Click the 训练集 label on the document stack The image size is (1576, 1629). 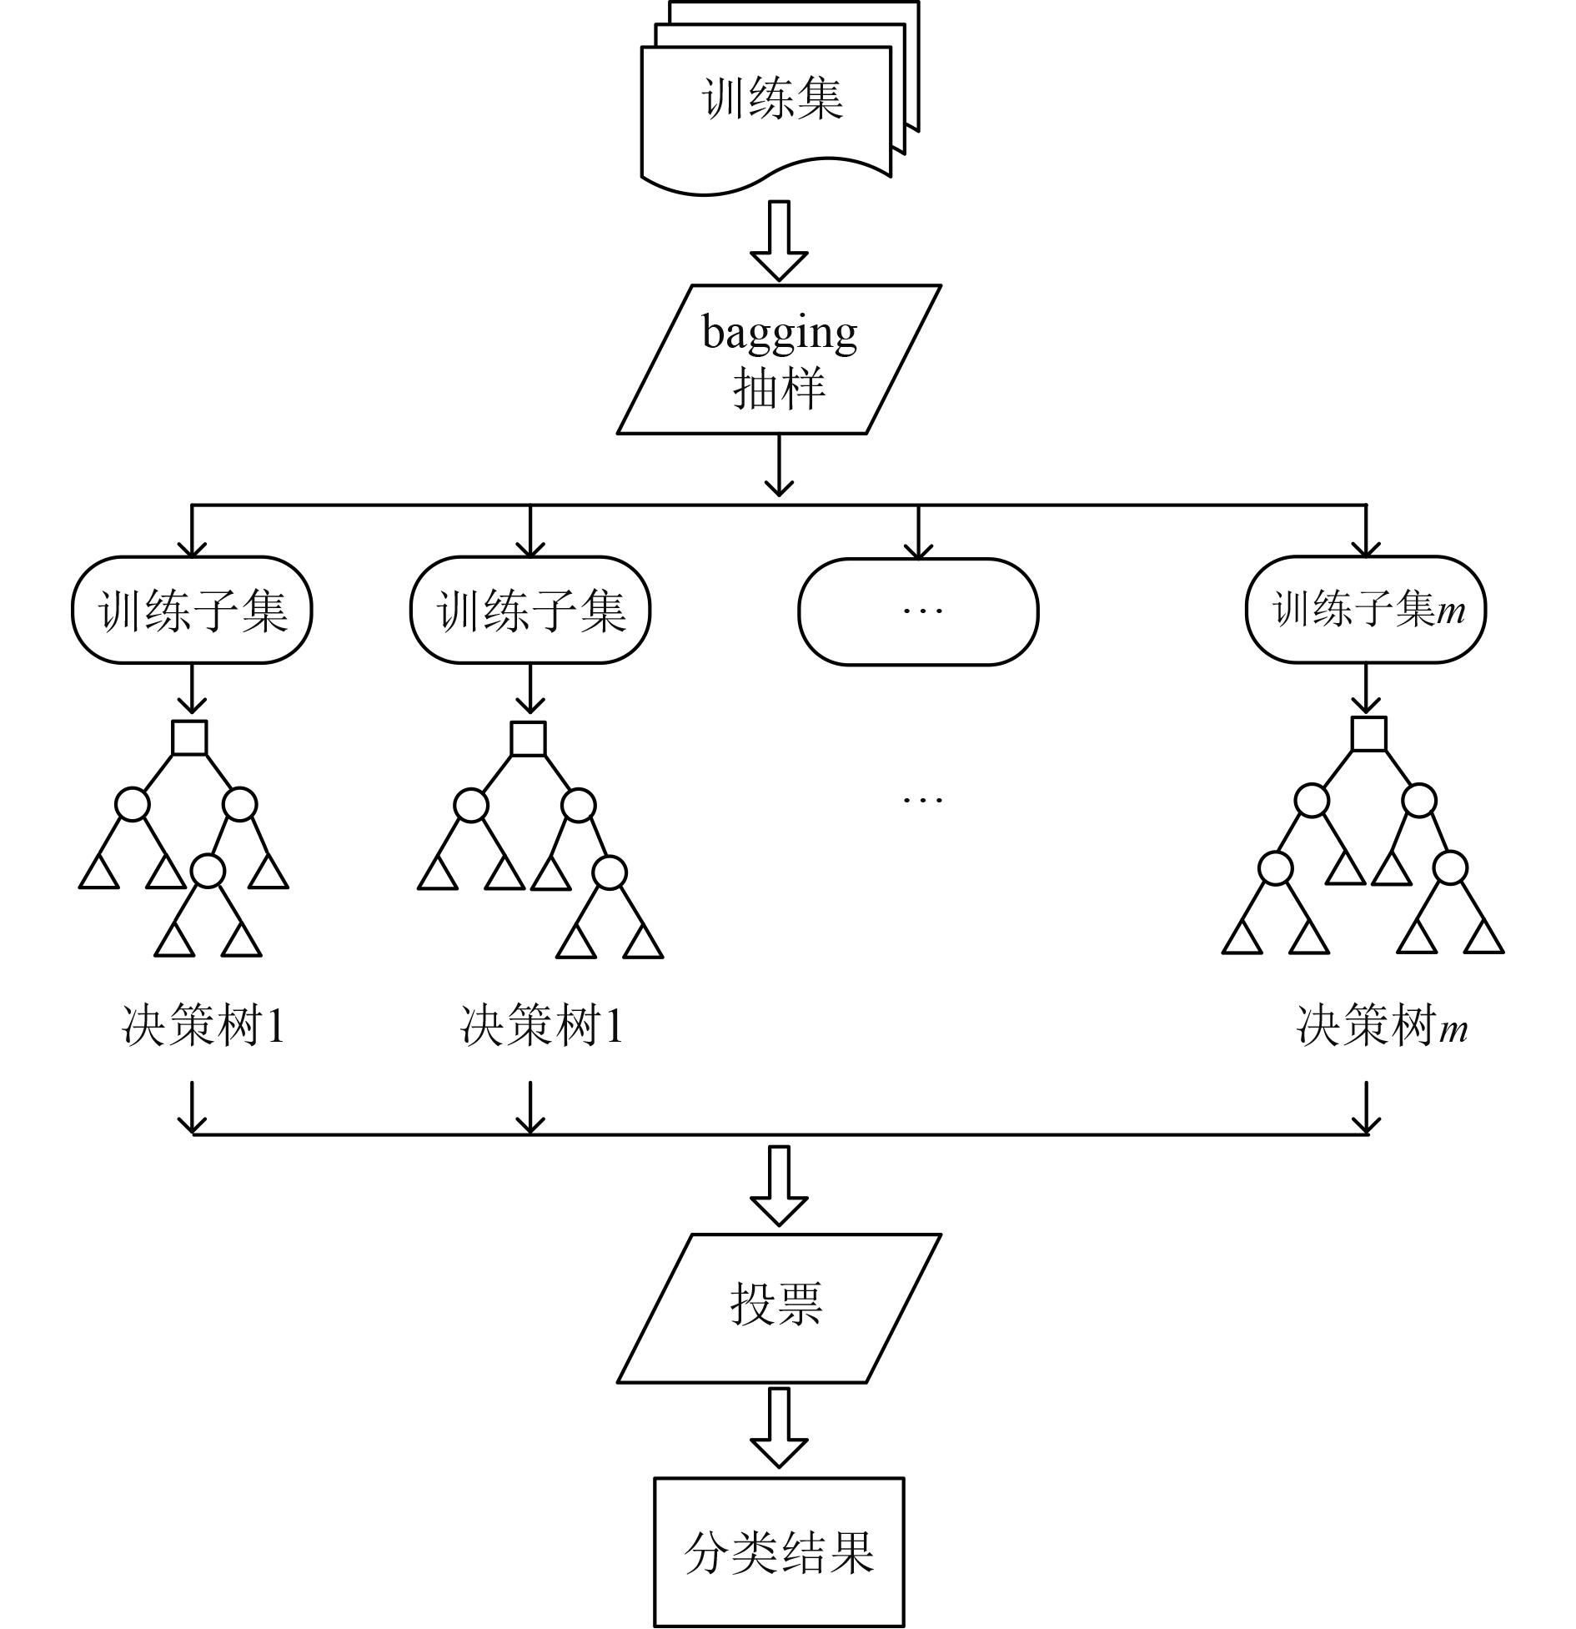772,98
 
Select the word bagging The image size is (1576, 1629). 780,334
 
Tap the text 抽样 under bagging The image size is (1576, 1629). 780,388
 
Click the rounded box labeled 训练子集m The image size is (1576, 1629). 1366,610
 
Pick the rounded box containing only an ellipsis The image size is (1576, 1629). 918,611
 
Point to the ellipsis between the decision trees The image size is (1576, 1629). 923,799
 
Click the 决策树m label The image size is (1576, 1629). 1382,1025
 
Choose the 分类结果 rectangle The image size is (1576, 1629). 780,1552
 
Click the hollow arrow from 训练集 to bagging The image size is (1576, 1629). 780,240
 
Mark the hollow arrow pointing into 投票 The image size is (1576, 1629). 780,1186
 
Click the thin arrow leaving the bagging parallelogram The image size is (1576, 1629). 780,465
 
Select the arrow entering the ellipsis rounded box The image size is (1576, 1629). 918,531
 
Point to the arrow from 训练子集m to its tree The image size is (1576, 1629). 1366,691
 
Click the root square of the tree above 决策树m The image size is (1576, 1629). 1369,734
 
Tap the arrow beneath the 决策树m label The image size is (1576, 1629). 1366,1109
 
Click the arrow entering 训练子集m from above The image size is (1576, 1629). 1366,530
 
